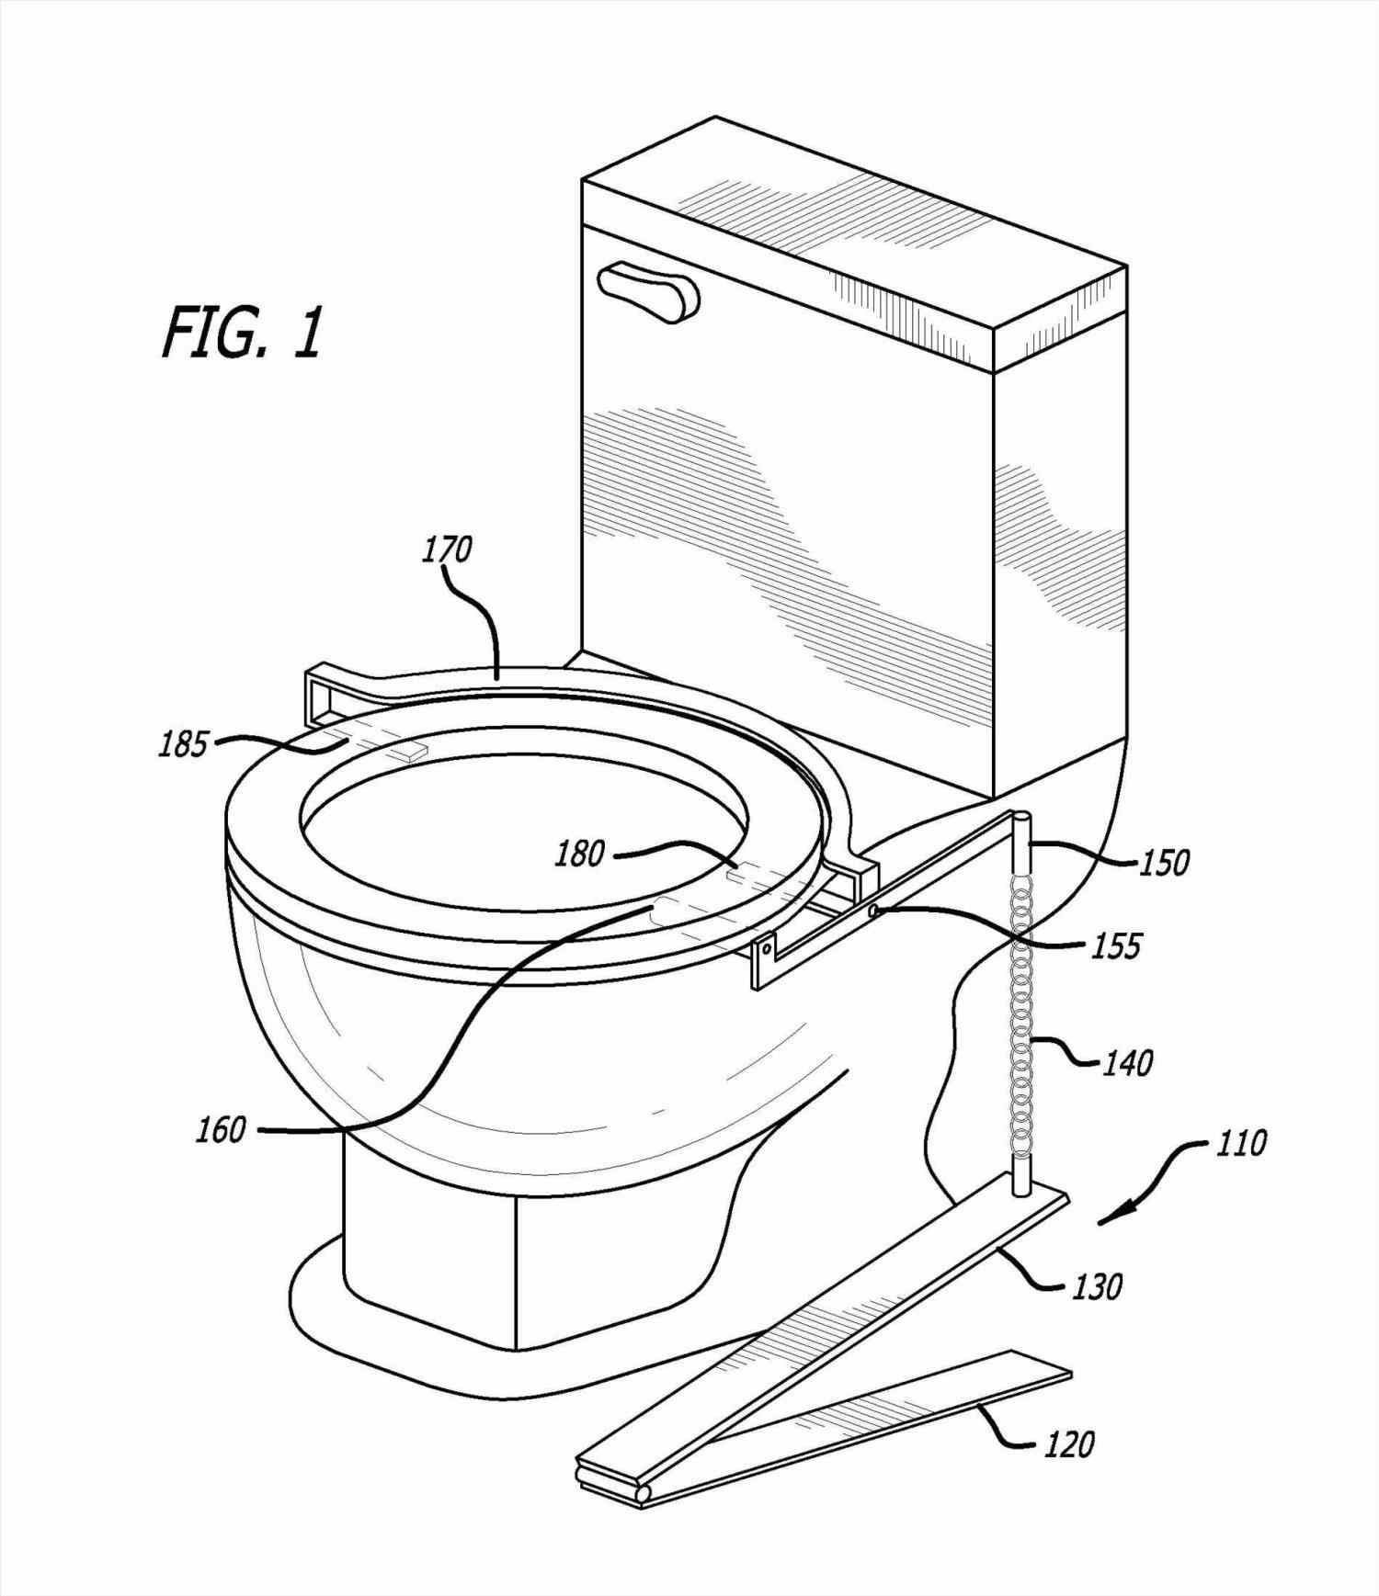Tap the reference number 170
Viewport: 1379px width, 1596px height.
447,549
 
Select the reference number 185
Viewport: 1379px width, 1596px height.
182,744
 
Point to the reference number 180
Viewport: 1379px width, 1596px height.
579,854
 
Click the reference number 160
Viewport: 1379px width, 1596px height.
221,1130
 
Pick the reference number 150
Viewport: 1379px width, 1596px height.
1165,863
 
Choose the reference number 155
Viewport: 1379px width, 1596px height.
1117,945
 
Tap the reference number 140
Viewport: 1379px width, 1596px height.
1128,1063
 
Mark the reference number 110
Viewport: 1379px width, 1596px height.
1241,1144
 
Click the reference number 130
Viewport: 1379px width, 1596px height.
1097,1287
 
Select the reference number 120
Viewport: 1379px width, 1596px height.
1069,1444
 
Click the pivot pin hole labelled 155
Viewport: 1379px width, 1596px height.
872,911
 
